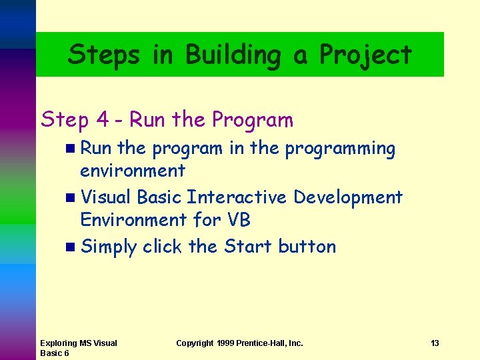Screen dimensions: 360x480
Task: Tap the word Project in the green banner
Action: point(366,55)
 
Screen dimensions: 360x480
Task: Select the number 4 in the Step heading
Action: point(102,120)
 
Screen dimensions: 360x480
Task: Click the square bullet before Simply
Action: point(71,247)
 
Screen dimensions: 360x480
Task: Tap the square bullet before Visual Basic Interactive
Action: point(71,198)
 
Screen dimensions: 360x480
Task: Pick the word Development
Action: point(348,197)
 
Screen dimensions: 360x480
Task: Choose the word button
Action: point(307,247)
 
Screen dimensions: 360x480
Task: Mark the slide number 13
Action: point(435,343)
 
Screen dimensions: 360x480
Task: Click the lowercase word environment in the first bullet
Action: point(133,171)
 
